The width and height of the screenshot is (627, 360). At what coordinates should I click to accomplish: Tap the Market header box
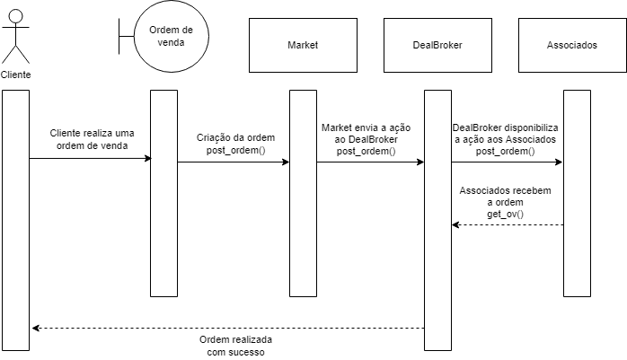(303, 45)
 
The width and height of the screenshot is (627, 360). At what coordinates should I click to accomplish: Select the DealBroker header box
(437, 45)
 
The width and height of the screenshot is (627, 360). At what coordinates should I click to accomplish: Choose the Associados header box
(571, 45)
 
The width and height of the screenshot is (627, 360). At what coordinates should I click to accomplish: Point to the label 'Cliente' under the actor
(16, 75)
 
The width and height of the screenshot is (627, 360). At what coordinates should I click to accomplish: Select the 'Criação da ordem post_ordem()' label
(235, 144)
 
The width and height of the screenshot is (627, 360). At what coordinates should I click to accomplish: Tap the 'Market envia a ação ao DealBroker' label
(366, 139)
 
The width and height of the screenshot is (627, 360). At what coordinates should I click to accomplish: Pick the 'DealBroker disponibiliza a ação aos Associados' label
(505, 139)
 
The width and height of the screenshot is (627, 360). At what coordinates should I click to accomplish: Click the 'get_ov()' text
(505, 215)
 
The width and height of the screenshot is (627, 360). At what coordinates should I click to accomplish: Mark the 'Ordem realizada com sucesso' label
(235, 347)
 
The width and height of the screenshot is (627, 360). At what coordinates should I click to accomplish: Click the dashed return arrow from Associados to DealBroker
(508, 225)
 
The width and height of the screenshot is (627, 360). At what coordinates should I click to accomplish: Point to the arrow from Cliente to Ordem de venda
(90, 159)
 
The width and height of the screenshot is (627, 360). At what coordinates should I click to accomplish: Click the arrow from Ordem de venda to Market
(234, 162)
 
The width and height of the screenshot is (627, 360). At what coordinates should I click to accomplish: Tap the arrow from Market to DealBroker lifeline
(370, 162)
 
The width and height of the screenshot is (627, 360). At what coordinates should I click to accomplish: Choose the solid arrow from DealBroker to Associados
(507, 162)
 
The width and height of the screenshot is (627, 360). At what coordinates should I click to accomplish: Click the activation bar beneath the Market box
(303, 193)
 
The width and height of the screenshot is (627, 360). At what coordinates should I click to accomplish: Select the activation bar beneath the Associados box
(576, 193)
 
